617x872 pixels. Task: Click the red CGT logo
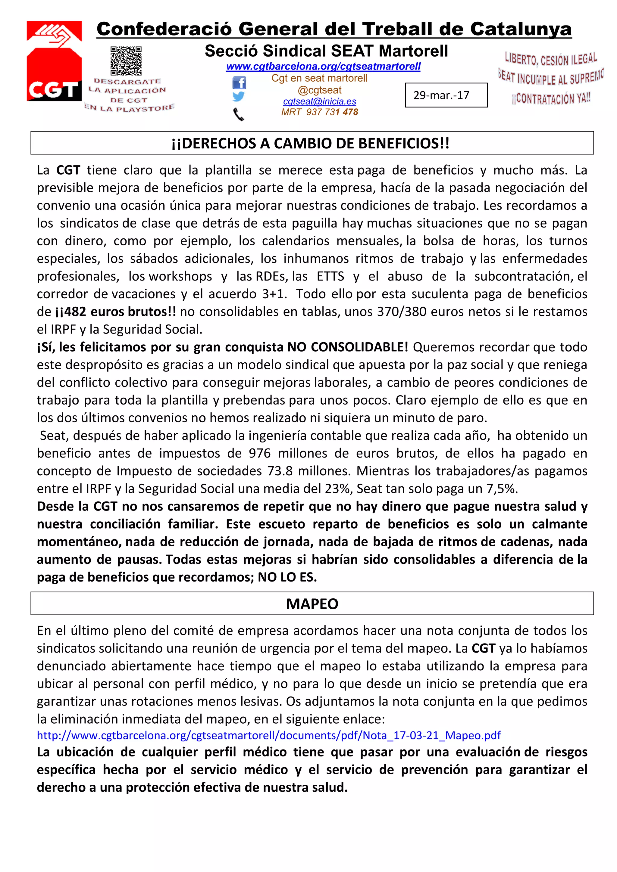click(54, 61)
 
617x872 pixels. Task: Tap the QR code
click(126, 61)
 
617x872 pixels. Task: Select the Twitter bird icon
click(238, 97)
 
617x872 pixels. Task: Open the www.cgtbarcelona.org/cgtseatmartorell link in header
click(323, 67)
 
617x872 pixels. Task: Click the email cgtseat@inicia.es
click(319, 101)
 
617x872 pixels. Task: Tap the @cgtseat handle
click(319, 90)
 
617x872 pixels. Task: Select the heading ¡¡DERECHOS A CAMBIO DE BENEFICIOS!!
click(310, 143)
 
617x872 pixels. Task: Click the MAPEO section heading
click(312, 604)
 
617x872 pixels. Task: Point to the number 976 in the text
click(260, 453)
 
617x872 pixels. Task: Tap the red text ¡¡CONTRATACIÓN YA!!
click(550, 99)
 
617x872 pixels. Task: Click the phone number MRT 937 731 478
click(319, 112)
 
